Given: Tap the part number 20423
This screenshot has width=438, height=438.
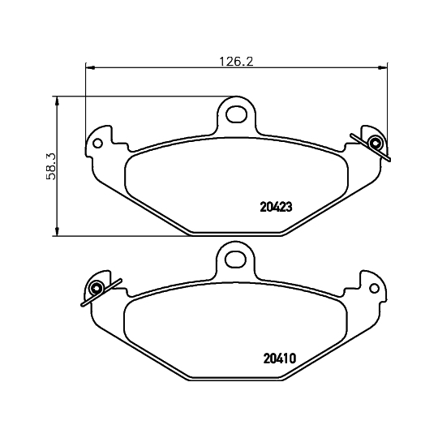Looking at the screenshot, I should (276, 207).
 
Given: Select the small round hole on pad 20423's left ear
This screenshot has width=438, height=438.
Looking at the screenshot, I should (97, 144).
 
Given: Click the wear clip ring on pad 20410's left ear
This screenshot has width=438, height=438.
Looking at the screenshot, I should (97, 288).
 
